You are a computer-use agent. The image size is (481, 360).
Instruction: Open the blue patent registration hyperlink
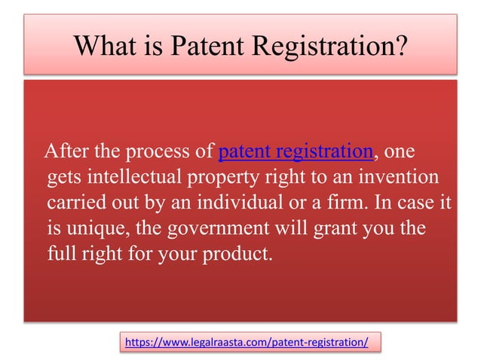click(296, 153)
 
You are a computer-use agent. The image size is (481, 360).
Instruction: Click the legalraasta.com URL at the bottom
click(247, 342)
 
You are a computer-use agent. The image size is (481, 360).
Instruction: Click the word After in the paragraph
click(67, 153)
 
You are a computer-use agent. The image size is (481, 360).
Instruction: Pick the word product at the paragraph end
click(240, 252)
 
